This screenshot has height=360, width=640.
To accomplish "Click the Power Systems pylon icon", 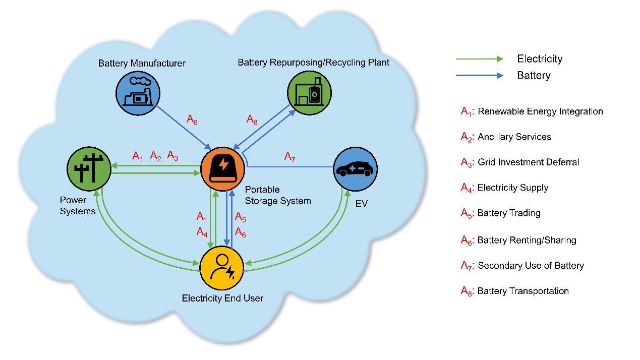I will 89,168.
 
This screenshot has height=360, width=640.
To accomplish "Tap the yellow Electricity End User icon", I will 222,268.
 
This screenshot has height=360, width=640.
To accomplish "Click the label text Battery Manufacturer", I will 142,64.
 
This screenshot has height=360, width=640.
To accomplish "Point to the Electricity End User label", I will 222,298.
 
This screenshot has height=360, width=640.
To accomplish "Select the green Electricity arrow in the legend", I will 479,59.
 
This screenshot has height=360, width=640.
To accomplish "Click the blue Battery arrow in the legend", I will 479,76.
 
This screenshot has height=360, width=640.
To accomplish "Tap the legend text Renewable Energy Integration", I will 540,111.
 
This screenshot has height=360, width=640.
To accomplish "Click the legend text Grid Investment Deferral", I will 528,162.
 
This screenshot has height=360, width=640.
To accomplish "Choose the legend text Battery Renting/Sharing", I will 527,240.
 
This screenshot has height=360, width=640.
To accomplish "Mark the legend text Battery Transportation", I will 523,291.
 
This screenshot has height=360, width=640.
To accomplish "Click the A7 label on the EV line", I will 289,157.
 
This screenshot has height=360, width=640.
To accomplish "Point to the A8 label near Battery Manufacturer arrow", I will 192,119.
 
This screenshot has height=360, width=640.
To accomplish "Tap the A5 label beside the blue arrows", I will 241,218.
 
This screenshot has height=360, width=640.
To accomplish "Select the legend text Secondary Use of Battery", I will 531,266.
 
